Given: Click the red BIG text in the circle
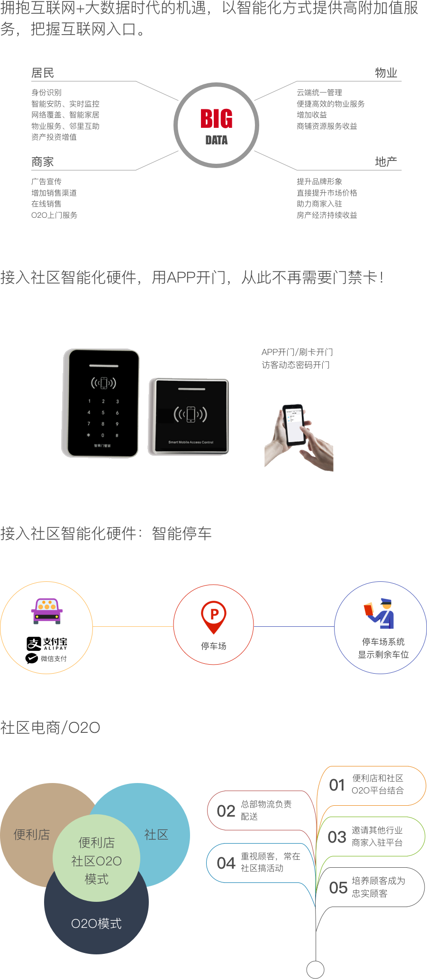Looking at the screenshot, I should (216, 118).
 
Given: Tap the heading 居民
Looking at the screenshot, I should (43, 73).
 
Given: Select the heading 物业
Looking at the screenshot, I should (386, 73).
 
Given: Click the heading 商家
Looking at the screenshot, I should (43, 162).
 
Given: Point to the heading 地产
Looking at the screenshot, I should (386, 162).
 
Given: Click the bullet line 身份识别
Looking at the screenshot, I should (46, 93).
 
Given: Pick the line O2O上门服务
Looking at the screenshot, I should (55, 215).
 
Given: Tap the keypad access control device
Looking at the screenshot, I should (101, 403).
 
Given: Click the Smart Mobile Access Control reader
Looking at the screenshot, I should (189, 417).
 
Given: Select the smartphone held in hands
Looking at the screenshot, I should (294, 425).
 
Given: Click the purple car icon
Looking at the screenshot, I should (47, 611).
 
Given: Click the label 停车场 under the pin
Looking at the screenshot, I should (214, 646).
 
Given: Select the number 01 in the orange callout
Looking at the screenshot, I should (337, 785).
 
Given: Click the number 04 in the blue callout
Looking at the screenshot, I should (226, 863).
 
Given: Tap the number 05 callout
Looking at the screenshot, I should (338, 887).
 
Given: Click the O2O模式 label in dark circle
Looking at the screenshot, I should (96, 924).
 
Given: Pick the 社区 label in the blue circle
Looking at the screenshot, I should (156, 835).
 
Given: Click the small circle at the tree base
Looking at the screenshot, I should (315, 969).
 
